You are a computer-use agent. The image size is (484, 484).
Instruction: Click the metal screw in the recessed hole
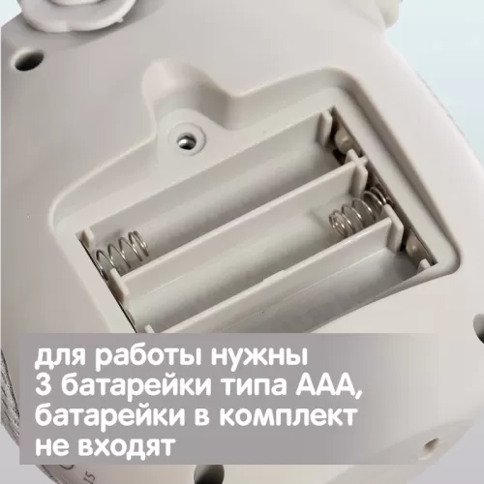[x=185, y=140]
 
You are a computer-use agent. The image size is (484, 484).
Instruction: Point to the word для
[x=58, y=358]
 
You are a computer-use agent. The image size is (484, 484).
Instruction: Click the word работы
[x=153, y=357]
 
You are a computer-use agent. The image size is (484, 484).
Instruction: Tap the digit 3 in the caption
[x=44, y=386]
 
